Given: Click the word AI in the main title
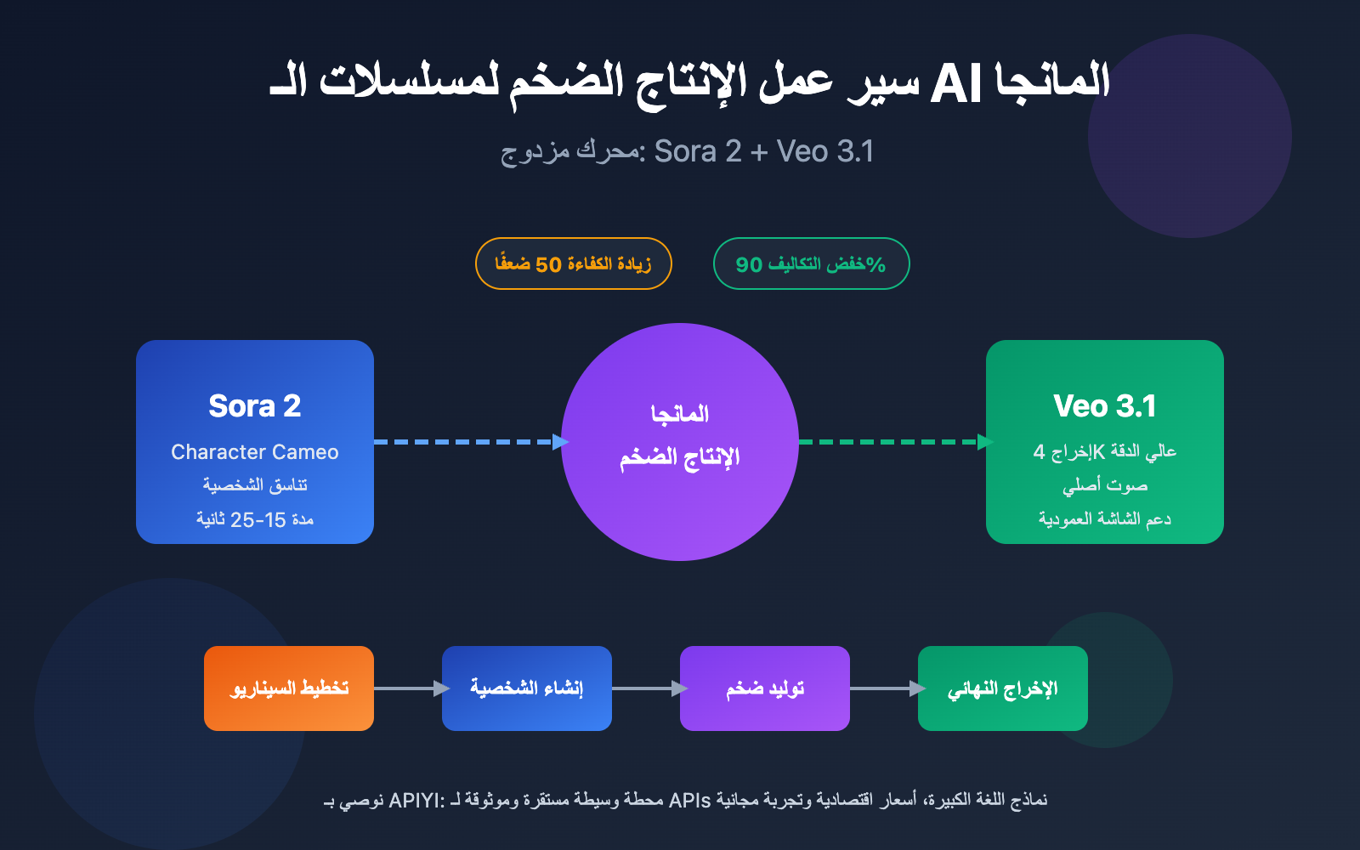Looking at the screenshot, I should click(x=955, y=85).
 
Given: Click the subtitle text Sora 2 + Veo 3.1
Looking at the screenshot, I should click(x=763, y=151).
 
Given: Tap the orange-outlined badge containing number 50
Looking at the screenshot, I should click(x=574, y=263).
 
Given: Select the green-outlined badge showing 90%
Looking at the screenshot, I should click(x=811, y=263).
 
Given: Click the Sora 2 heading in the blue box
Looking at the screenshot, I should click(x=255, y=406).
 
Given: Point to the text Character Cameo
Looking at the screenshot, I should click(x=255, y=452).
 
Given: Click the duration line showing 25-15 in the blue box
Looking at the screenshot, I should click(x=255, y=519).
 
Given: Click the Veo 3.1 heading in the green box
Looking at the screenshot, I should click(x=1105, y=406).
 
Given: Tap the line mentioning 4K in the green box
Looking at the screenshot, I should click(x=1105, y=451).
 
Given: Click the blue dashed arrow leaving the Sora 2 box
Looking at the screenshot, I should click(x=467, y=442).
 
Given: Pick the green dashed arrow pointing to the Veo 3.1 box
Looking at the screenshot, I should click(x=892, y=442).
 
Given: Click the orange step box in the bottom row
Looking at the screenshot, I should click(x=289, y=688).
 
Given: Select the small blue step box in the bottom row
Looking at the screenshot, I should click(x=527, y=688).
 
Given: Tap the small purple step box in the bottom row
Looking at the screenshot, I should click(x=765, y=688).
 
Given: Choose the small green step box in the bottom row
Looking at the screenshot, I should click(x=1003, y=688).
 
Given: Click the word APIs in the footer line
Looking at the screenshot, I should click(x=689, y=801).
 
